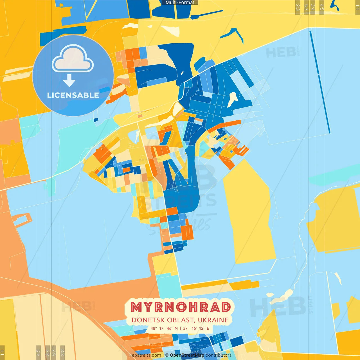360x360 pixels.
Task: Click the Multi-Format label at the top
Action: [180, 3]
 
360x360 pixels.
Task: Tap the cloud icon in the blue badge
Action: [73, 58]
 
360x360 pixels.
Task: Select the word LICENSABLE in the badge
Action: [73, 95]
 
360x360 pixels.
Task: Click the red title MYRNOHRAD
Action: [181, 307]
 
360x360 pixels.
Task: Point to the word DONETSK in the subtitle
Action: [148, 320]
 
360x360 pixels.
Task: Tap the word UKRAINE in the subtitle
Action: [213, 320]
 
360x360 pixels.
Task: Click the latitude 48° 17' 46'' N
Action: [164, 328]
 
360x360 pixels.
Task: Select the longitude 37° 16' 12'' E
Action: [196, 328]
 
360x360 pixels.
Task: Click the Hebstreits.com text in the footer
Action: [145, 355]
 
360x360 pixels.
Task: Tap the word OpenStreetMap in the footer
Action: [187, 355]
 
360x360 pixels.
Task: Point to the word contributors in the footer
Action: [219, 355]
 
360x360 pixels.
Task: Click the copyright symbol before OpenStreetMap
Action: [167, 355]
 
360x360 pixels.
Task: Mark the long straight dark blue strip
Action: [320, 82]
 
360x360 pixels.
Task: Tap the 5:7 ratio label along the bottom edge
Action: [54, 352]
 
